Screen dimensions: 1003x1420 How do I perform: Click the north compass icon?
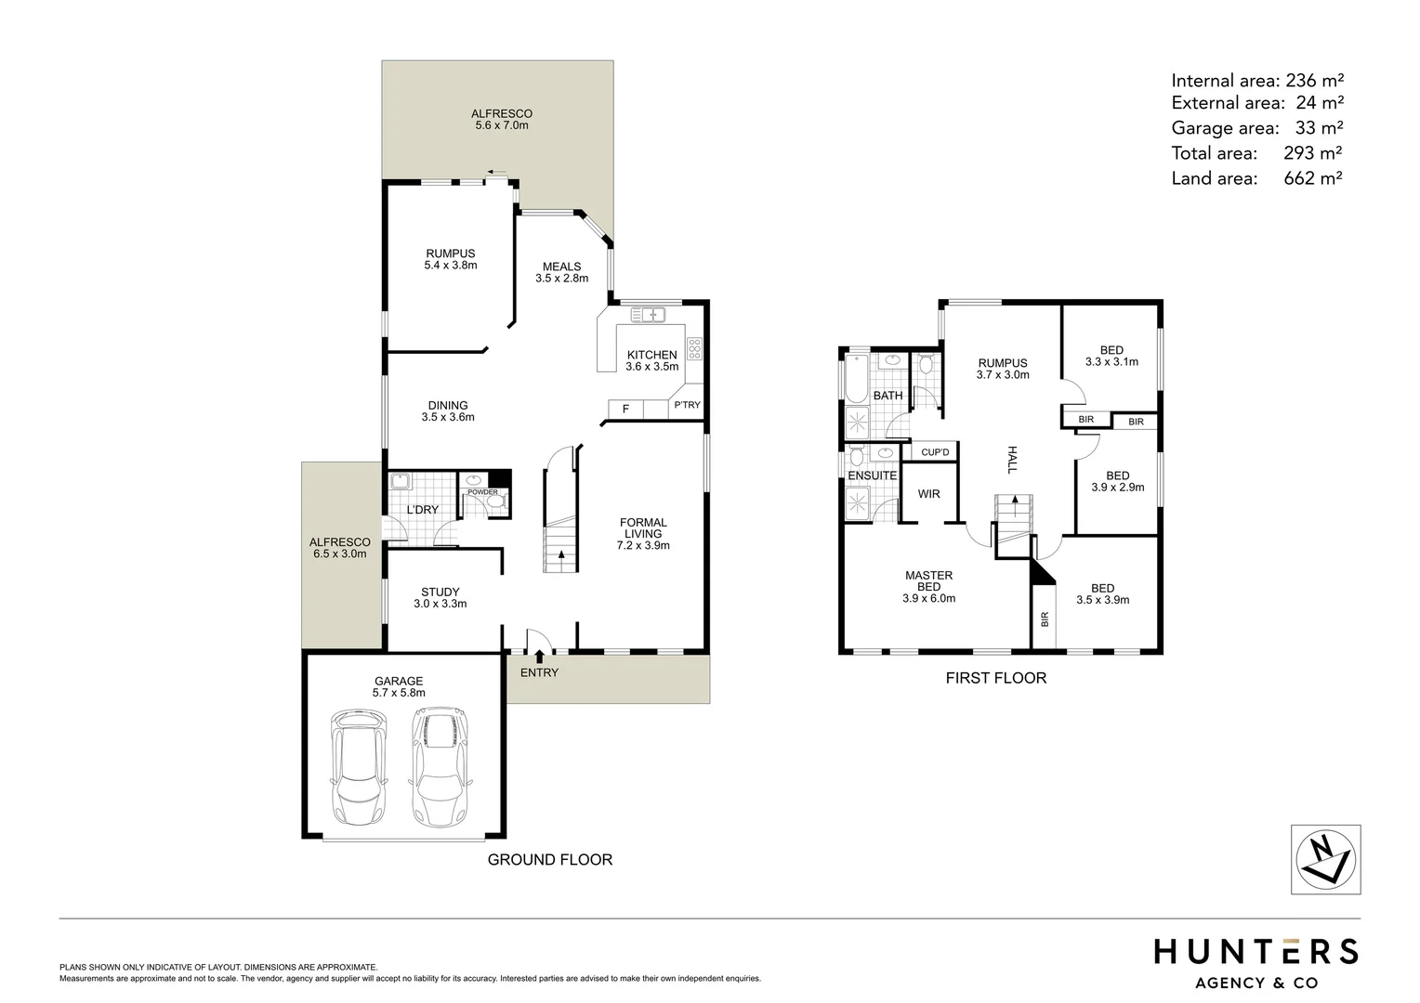1325,859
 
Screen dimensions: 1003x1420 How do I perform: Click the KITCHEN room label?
651,355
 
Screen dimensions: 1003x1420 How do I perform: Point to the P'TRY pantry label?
687,405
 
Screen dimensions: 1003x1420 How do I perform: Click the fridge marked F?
625,409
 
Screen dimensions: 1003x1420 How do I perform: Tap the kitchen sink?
649,314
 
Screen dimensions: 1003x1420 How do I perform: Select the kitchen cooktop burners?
693,348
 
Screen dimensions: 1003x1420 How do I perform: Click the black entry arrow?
540,656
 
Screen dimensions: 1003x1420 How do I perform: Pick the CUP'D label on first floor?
935,452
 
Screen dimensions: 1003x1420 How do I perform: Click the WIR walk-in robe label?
928,494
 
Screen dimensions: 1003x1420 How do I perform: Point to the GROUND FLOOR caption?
550,860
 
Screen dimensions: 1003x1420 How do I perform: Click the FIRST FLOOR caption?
995,678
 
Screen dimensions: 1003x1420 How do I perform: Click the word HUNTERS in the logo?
1256,952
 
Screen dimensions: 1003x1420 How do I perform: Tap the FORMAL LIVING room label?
643,528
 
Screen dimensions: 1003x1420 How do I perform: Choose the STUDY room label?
440,592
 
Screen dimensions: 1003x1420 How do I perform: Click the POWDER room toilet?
495,501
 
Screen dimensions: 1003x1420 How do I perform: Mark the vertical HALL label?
1012,460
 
